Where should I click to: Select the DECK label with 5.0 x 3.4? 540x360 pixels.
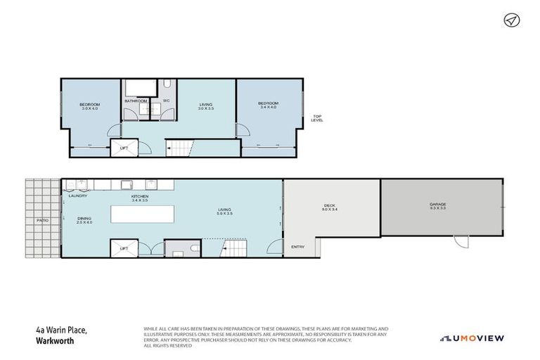click(330, 207)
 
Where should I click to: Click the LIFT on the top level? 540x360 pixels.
click(124, 148)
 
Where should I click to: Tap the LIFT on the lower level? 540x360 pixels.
click(124, 249)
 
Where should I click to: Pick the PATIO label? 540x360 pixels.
click(42, 220)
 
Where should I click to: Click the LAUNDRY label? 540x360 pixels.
click(78, 196)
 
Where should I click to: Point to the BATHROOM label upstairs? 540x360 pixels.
click(136, 101)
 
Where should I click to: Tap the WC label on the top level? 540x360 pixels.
click(167, 101)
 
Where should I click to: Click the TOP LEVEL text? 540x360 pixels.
click(317, 118)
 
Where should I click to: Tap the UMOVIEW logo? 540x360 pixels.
click(472, 338)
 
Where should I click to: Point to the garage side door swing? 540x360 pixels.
click(462, 241)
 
